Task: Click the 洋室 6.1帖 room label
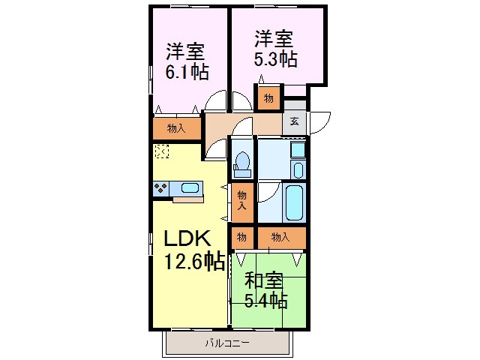click(x=187, y=62)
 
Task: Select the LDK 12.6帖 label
click(x=193, y=249)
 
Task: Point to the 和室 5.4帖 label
click(x=266, y=292)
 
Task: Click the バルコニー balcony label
click(x=227, y=344)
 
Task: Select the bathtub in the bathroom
click(x=295, y=202)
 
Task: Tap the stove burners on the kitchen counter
click(x=160, y=188)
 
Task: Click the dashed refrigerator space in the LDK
click(x=161, y=151)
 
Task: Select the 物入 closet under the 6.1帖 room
click(x=177, y=128)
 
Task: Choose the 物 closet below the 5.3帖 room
click(x=268, y=98)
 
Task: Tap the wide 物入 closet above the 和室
click(x=280, y=238)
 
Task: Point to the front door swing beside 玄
click(x=320, y=120)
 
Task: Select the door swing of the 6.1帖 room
click(x=216, y=101)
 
